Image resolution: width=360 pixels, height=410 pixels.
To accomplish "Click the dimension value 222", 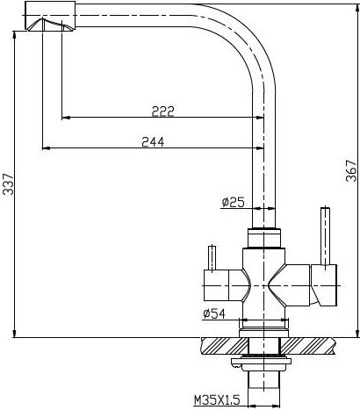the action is tap(163, 111).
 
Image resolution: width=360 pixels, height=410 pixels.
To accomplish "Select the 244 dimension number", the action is tap(153, 142).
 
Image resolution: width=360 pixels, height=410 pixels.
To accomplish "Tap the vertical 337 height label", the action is tap(8, 184).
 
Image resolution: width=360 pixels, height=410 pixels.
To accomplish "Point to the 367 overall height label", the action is tap(351, 171).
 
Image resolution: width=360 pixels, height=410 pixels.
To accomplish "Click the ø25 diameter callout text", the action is tap(233, 202).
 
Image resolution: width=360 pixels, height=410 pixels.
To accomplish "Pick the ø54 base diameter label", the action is tap(214, 313).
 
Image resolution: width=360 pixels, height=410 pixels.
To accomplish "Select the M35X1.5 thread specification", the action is tap(217, 399).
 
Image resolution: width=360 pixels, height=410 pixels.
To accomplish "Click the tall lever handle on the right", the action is tap(326, 237).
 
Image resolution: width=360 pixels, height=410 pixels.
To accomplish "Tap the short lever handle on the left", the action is tap(212, 258).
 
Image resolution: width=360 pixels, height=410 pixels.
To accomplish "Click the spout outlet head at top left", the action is tap(50, 16).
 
